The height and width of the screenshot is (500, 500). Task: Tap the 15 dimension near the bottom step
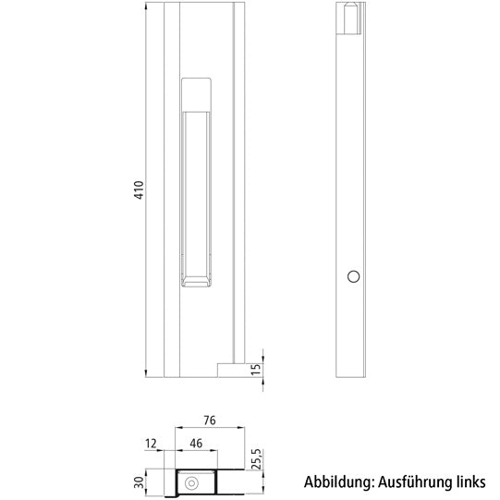[x=258, y=369]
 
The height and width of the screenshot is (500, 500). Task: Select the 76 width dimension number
[x=209, y=421]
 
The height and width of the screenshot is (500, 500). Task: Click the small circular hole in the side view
[x=352, y=276]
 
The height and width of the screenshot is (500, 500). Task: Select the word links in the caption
[x=468, y=482]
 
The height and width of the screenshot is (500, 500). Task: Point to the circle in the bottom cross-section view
[x=192, y=482]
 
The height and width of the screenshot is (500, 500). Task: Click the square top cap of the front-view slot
[x=198, y=92]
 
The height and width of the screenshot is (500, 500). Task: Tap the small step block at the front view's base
[x=228, y=369]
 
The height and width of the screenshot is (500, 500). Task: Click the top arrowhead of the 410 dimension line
[x=148, y=7]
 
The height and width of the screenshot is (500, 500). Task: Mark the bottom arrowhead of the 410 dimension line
[x=148, y=372]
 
